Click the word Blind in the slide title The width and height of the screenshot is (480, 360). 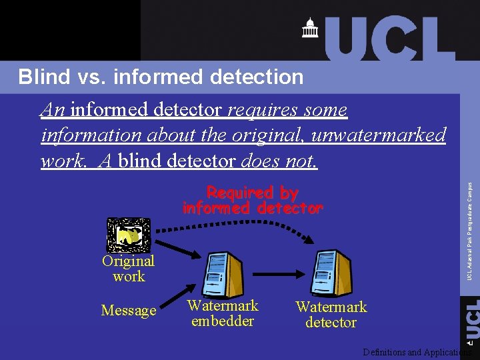(43, 77)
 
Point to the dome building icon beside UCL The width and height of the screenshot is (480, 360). (310, 29)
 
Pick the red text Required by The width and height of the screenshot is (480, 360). (252, 193)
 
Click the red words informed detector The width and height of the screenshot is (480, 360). (252, 209)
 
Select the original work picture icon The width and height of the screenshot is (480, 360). (128, 235)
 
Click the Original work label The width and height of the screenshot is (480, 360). (128, 269)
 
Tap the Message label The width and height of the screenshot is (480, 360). (128, 311)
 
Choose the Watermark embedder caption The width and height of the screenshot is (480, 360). (222, 313)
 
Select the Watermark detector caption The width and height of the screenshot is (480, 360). (331, 315)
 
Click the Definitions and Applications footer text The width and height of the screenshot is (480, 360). (417, 352)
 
